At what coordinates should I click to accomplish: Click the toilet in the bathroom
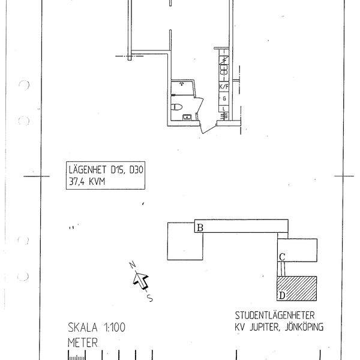pos(176,107)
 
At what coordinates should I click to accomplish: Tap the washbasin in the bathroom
pos(187,117)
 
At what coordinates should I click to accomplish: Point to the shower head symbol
pos(182,83)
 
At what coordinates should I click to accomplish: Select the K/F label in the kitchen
pos(224,87)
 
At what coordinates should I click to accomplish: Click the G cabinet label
pos(224,98)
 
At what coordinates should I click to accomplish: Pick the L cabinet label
pos(224,109)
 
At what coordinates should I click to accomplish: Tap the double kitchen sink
pos(224,70)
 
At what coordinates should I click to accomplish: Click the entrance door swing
pos(208,128)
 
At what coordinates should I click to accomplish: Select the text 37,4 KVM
pos(87,182)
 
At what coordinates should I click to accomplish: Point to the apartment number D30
pos(136,170)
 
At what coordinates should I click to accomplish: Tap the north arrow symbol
pos(141,281)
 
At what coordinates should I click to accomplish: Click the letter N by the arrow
pos(132,265)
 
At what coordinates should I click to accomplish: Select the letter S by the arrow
pos(149,298)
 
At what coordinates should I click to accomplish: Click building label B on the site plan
pos(200,228)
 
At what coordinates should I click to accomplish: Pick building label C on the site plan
pos(282,257)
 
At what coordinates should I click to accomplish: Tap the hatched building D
pos(297,289)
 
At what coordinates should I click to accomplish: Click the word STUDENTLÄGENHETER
pos(275,315)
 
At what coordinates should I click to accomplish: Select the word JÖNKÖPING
pos(304,327)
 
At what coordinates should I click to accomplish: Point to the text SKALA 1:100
pos(97,328)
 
